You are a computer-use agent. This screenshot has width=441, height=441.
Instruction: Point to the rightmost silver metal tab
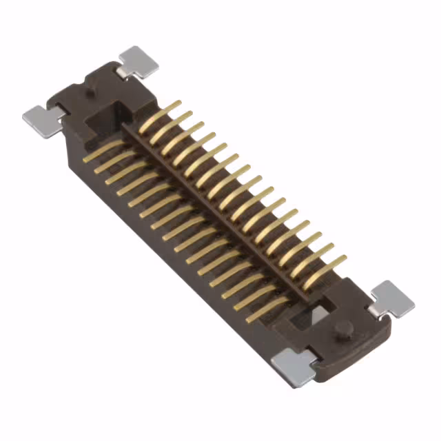[393, 298]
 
